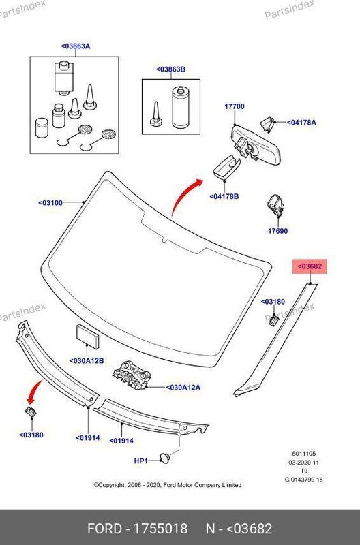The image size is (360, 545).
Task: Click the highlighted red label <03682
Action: coord(310,266)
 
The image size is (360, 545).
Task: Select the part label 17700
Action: coord(235,106)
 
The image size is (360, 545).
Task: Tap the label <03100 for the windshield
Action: coord(50,202)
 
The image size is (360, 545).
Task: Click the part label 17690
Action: coord(277,231)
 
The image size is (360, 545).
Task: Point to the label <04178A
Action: coord(301,123)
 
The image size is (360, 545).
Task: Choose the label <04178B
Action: coord(224,196)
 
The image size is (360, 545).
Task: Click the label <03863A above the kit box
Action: coord(76,46)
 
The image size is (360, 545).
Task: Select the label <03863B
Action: coord(170,69)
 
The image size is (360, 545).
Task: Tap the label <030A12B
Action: coord(87,361)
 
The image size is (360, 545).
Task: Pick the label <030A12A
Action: coord(183,387)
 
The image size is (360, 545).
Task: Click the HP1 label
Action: coord(141,461)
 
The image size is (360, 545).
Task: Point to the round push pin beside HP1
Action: coord(165,458)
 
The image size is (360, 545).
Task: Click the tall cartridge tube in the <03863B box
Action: coord(181,108)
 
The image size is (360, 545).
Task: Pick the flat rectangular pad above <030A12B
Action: coord(88,337)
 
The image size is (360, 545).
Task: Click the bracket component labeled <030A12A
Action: coord(132,375)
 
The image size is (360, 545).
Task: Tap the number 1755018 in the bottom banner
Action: coord(160,529)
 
